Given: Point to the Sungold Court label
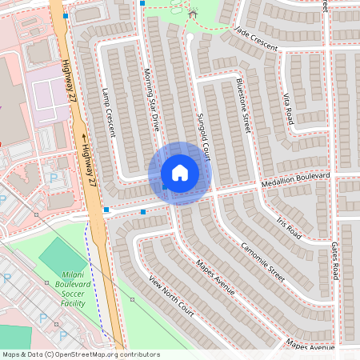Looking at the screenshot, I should pyautogui.click(x=203, y=137).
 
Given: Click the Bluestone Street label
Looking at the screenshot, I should pyautogui.click(x=245, y=104).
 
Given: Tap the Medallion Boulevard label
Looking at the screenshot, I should pyautogui.click(x=294, y=180).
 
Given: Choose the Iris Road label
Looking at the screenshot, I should pyautogui.click(x=289, y=227).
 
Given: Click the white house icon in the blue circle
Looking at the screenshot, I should pyautogui.click(x=180, y=173).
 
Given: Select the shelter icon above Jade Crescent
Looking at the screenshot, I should pyautogui.click(x=191, y=14).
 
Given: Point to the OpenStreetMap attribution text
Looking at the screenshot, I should pyautogui.click(x=80, y=354).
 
